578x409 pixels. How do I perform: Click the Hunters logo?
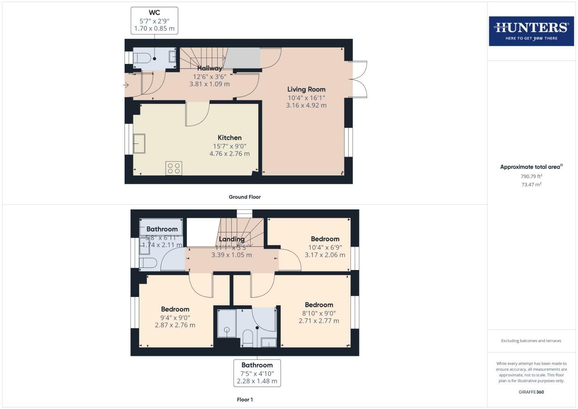[x=531, y=31]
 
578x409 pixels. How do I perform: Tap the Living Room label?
[x=306, y=89]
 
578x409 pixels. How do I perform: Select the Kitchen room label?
[x=229, y=137]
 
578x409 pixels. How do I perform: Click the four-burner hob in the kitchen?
[x=174, y=168]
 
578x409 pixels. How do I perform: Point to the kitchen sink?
[x=139, y=144]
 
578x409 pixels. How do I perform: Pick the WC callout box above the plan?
[x=154, y=20]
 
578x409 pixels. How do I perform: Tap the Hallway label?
[x=209, y=68]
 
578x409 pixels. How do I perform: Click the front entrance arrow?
[x=126, y=85]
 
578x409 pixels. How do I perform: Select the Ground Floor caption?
[x=245, y=197]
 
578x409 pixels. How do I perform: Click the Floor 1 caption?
[x=245, y=400]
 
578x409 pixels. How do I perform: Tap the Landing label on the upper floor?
[x=231, y=239]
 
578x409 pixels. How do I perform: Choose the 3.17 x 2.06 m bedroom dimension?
[x=325, y=255]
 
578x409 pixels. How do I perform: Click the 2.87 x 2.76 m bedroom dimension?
[x=175, y=325]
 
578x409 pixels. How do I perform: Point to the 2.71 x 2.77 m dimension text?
[x=319, y=321]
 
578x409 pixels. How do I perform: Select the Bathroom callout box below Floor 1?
[x=257, y=373]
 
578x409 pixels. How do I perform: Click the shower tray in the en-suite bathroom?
[x=227, y=323]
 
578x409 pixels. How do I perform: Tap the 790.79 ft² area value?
[x=531, y=176]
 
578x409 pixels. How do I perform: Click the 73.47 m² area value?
[x=531, y=184]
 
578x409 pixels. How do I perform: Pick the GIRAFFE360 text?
[x=531, y=392]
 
